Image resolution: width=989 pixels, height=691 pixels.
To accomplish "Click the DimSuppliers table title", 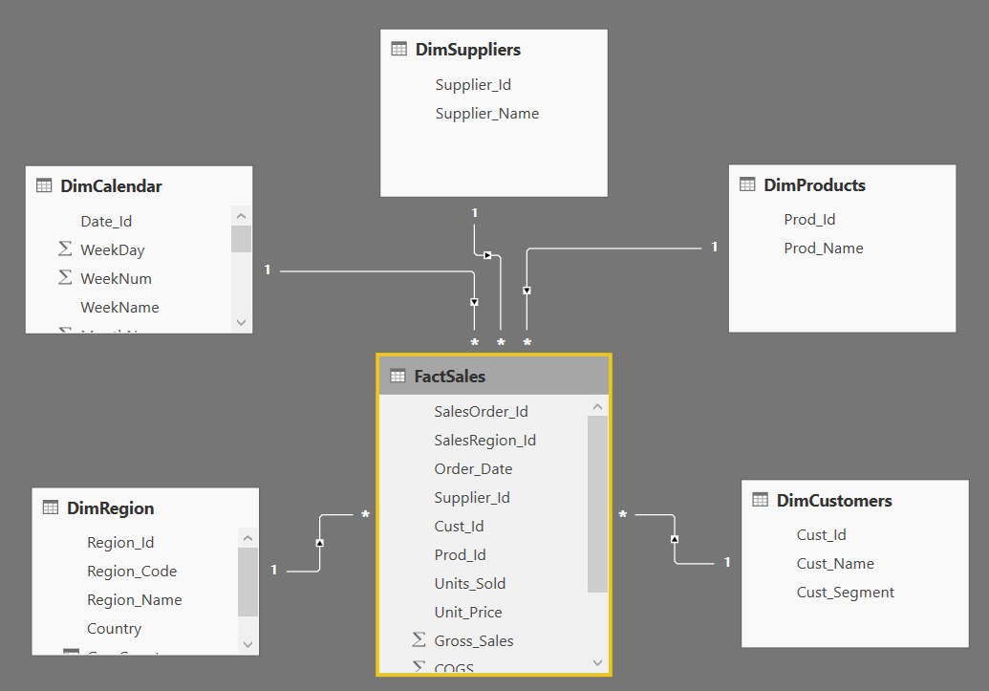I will tap(467, 50).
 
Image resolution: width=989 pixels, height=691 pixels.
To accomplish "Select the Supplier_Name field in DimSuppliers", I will tap(486, 114).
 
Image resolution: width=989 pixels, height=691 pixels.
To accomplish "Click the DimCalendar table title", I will tap(111, 186).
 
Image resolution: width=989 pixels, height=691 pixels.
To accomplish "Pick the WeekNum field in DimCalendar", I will tap(116, 279).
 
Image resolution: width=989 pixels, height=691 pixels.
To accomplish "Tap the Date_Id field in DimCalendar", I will tap(106, 222).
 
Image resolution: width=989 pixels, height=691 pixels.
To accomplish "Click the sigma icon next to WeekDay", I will tap(65, 249).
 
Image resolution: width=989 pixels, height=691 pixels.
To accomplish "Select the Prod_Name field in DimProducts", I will tap(823, 248).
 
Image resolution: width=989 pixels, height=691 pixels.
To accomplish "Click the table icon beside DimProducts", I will tap(748, 185).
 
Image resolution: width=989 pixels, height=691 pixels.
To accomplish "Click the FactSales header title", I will tap(449, 377).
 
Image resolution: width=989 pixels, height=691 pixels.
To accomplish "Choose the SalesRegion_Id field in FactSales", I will tap(484, 441).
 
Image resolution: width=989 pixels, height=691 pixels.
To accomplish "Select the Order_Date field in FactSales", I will tap(473, 469).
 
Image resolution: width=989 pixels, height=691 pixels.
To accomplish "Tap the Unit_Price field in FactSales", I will tap(467, 613).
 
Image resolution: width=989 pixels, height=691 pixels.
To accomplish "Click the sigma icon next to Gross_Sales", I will tap(419, 640).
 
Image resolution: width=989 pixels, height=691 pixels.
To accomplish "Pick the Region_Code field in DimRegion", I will tap(132, 572).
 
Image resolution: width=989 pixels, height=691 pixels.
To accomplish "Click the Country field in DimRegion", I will tap(114, 629).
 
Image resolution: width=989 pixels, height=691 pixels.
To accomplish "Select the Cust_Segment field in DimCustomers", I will tap(845, 593).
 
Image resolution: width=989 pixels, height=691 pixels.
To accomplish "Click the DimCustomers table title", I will tap(834, 501).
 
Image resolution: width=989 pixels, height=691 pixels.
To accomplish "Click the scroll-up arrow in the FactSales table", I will tap(597, 407).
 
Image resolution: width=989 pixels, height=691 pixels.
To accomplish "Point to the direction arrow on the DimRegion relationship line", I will tap(320, 543).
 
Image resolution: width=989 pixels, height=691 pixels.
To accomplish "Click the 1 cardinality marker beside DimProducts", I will tap(714, 248).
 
